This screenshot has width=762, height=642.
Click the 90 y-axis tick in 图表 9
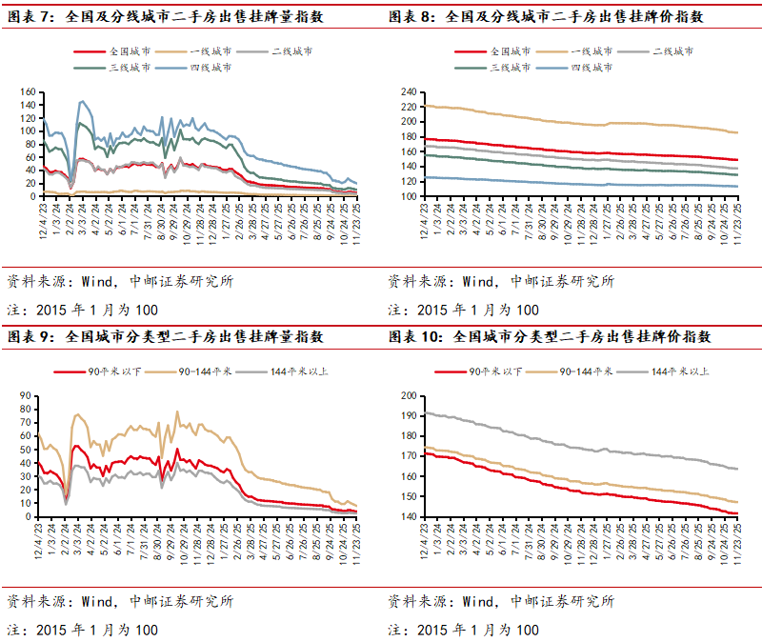pos(29,395)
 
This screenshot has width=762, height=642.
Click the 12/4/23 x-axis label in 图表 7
pos(43,217)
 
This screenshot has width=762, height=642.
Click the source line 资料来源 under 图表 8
pos(500,281)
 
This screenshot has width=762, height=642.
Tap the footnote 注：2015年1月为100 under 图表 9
pos(83,630)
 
